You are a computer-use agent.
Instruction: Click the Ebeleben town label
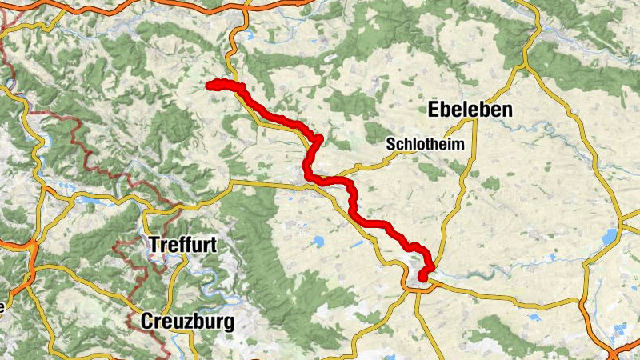point(470,110)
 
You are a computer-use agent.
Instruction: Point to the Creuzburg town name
point(187,322)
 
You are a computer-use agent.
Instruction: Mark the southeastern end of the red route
point(422,278)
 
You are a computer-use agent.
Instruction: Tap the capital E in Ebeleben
point(435,110)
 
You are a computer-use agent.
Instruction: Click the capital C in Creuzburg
point(147,322)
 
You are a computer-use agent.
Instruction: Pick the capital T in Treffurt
point(154,246)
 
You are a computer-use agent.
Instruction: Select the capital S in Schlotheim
point(390,145)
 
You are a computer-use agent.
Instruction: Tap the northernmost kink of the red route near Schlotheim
point(318,139)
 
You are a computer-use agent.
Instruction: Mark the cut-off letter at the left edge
point(2,306)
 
